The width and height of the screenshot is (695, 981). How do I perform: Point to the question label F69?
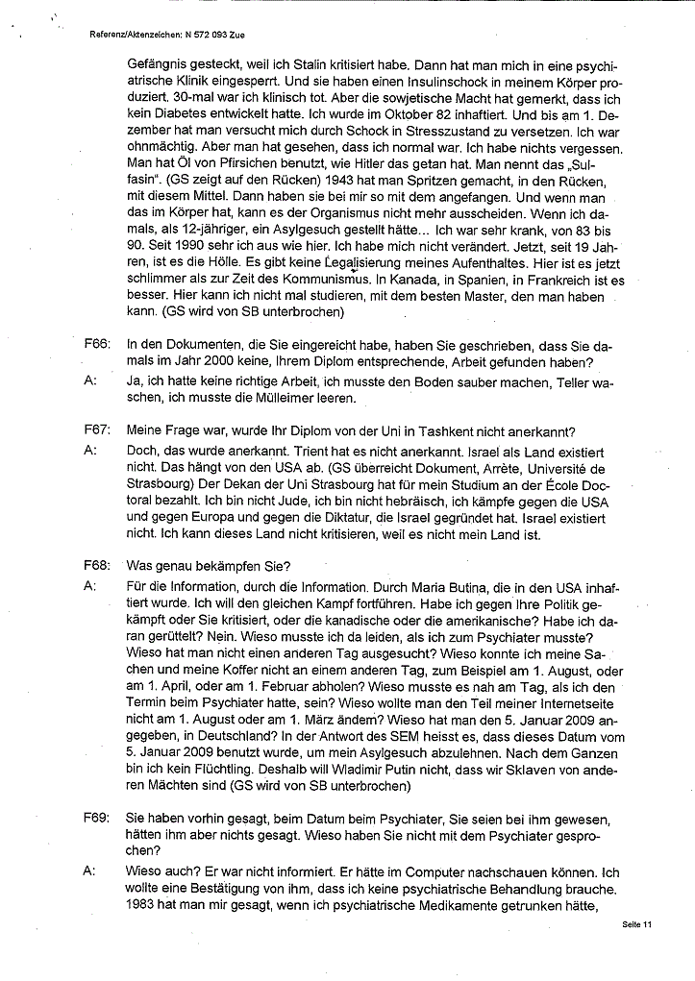click(96, 818)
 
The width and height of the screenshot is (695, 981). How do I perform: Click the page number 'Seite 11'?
click(636, 924)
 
